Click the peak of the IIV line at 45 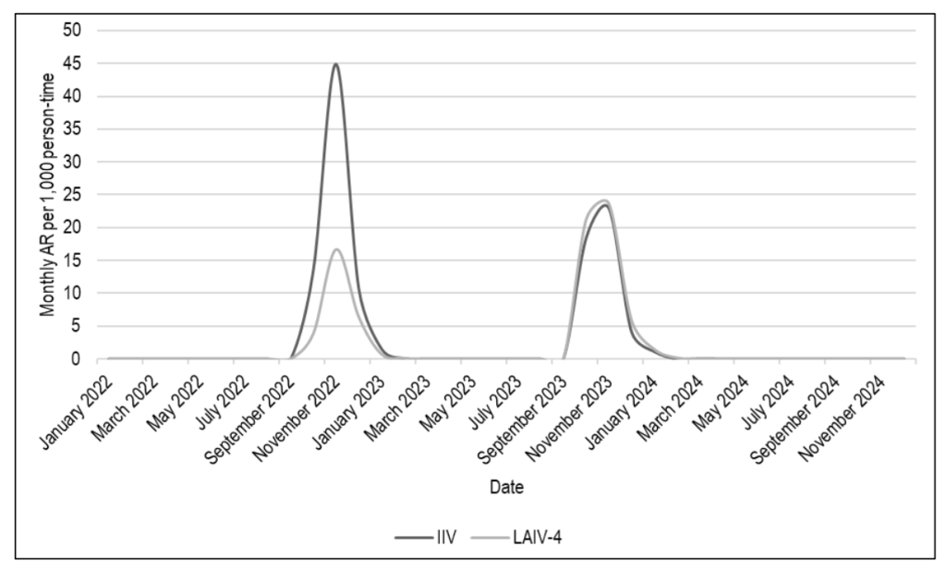tap(335, 64)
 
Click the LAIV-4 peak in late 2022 tap(337, 249)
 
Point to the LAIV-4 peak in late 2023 tap(604, 200)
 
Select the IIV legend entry tap(421, 537)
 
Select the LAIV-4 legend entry tap(517, 537)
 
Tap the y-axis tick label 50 tap(73, 30)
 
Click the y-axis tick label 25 tap(73, 195)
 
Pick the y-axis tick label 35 tap(73, 129)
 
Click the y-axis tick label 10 tap(73, 294)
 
